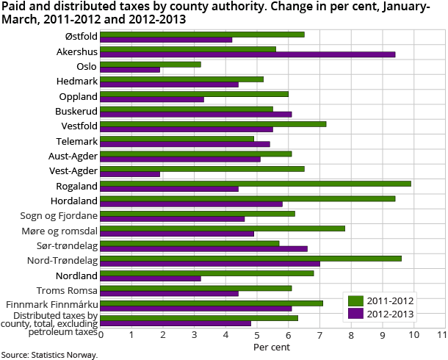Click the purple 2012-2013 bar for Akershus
(x=248, y=54)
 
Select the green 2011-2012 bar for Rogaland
(x=255, y=184)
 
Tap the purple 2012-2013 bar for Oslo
(x=130, y=70)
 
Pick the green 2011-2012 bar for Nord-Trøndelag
(x=250, y=259)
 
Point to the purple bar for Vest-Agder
(x=130, y=174)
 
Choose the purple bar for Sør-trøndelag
(x=203, y=249)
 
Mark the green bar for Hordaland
(x=248, y=198)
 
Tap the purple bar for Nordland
(x=150, y=279)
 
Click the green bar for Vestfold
(x=213, y=123)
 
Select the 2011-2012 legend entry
(x=380, y=300)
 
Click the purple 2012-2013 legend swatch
(x=355, y=314)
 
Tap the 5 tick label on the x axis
(x=256, y=335)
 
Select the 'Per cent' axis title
(x=271, y=347)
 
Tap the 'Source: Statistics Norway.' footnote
(x=49, y=354)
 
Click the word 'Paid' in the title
(x=14, y=7)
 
